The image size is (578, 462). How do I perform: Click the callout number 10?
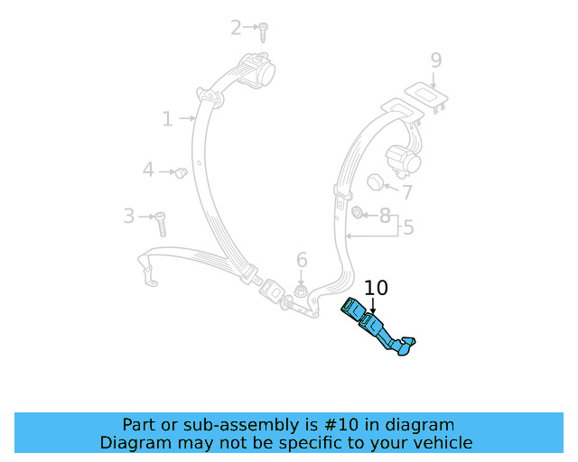tap(376, 288)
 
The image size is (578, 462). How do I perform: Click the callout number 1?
tap(167, 118)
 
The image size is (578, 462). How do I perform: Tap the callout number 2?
tap(237, 28)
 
